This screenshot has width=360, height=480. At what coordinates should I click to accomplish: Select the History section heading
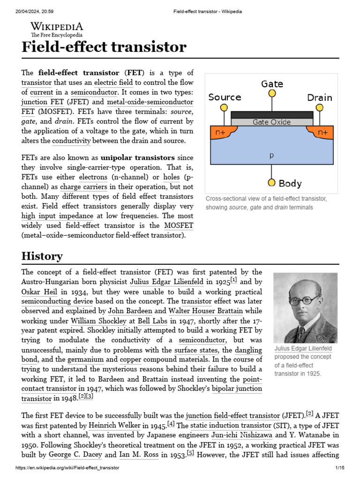[42, 256]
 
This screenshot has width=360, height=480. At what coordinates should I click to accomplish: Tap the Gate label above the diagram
[272, 84]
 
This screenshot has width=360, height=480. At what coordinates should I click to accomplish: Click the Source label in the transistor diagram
[225, 97]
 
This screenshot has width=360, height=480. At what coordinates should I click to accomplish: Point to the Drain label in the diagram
[319, 97]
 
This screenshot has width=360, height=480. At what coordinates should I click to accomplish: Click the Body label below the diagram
[290, 183]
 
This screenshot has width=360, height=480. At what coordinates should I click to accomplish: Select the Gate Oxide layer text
[271, 122]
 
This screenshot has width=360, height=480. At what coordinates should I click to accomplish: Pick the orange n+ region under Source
[220, 133]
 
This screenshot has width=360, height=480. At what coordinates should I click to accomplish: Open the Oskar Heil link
[37, 292]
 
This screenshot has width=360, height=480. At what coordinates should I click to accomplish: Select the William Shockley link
[98, 321]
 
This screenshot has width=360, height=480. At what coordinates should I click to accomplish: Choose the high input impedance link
[57, 216]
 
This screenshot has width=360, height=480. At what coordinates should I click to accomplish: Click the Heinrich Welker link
[115, 426]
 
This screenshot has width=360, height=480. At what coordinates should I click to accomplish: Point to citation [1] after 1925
[233, 280]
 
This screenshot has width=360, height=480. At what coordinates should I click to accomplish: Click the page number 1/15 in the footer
[340, 468]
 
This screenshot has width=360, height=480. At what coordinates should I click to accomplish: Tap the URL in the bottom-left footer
[67, 468]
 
